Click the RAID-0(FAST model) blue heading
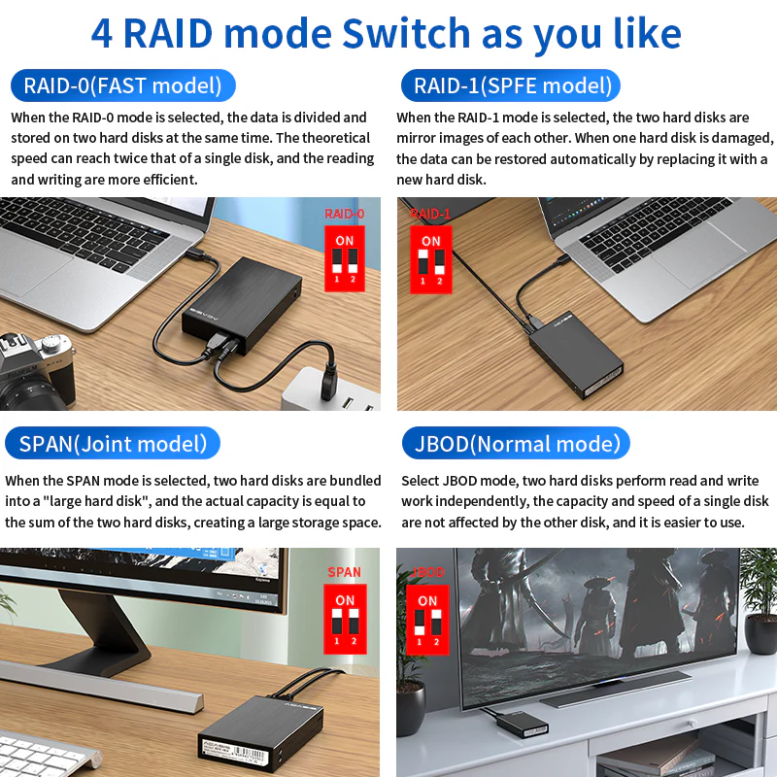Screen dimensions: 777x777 (x=122, y=85)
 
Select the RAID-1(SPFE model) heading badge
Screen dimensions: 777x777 (x=512, y=85)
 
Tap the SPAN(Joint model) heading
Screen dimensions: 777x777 (x=113, y=444)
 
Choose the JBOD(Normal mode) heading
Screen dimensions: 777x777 (x=516, y=444)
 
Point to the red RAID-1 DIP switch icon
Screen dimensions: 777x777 (x=430, y=258)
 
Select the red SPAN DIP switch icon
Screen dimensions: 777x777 (x=345, y=618)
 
